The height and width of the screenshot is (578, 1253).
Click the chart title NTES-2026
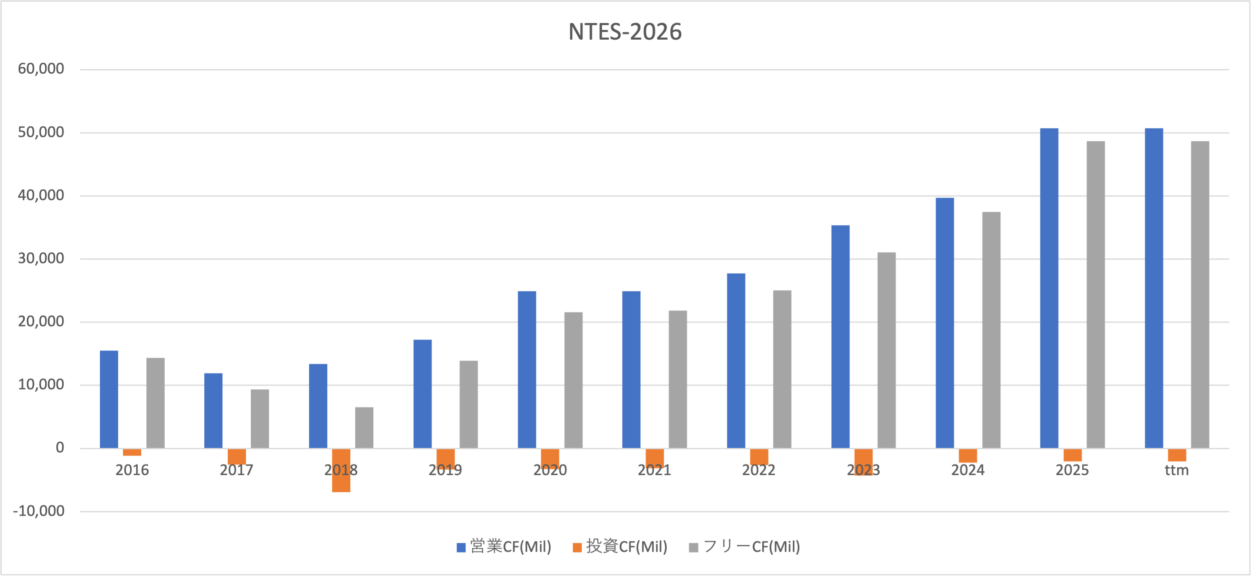click(625, 32)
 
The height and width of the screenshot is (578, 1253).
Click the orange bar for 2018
click(341, 470)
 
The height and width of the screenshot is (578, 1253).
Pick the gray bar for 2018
click(364, 427)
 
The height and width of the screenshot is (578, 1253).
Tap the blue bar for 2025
click(1049, 288)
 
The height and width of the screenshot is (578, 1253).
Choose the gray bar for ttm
click(1200, 295)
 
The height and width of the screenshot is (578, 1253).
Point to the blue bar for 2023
click(840, 336)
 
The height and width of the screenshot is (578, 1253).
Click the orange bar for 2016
click(132, 452)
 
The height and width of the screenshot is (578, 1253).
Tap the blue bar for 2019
click(423, 394)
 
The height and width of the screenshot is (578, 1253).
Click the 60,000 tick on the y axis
click(41, 69)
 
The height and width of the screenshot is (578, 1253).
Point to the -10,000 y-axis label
click(38, 511)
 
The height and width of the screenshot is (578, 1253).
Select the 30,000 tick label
click(41, 259)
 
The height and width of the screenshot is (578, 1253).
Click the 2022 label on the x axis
click(758, 470)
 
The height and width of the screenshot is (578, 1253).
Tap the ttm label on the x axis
click(1177, 470)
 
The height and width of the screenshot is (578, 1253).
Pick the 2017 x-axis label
click(236, 470)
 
